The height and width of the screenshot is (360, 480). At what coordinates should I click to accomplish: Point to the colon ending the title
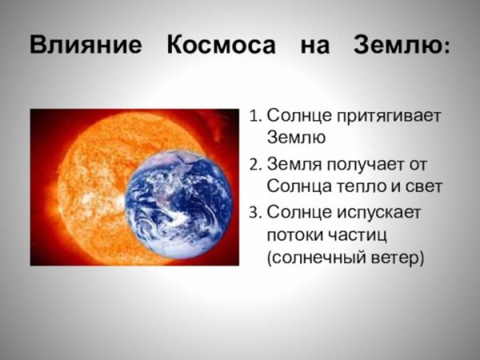click(446, 48)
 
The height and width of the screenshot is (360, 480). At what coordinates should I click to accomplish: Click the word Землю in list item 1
click(296, 139)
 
